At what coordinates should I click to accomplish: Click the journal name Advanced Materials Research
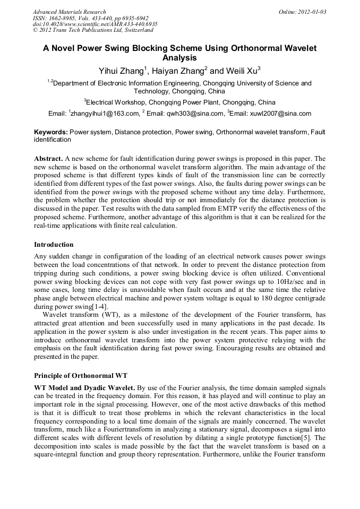point(69,12)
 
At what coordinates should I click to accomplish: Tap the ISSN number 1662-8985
point(63,18)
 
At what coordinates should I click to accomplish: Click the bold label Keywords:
point(51,132)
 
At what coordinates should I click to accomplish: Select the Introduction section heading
point(54,245)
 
